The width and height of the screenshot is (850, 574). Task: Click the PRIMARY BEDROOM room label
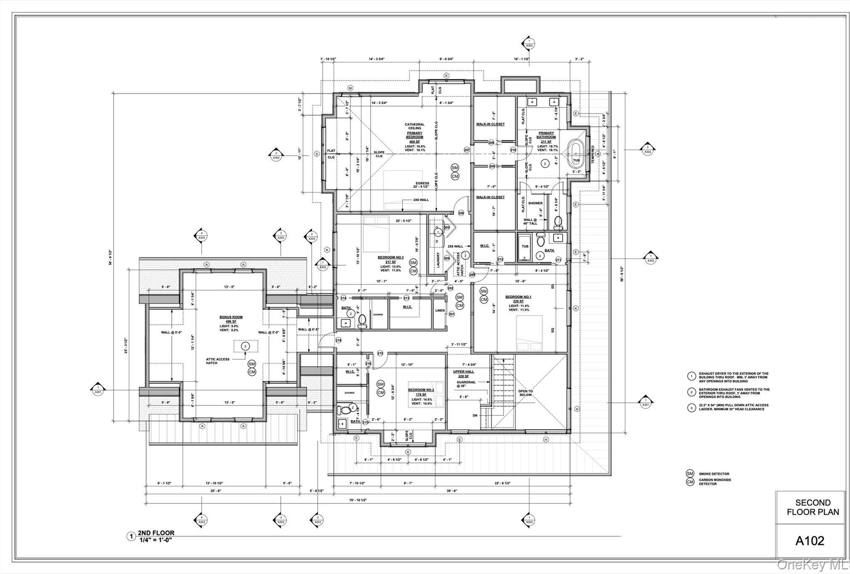pos(414,135)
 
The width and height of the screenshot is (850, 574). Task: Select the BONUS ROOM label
pos(231,317)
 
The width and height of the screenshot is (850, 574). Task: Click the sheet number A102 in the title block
pos(810,541)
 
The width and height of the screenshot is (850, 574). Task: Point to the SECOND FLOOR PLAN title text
pos(813,507)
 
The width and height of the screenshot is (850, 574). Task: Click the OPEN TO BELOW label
pos(525,393)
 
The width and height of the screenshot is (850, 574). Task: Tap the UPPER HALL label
pos(463,372)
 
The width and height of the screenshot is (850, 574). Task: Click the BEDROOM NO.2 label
pos(421,390)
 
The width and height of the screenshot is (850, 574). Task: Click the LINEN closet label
pos(440,311)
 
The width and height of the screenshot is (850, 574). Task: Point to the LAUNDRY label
pos(438,260)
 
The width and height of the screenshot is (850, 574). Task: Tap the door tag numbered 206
pos(461,213)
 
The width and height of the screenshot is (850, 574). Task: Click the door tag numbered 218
pos(339,340)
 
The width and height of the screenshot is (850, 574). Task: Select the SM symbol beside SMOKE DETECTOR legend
pos(690,473)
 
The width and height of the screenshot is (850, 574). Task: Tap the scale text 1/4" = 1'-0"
pos(156,540)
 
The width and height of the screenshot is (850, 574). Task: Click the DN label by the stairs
pos(475,415)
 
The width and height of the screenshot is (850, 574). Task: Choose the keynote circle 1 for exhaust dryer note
pos(691,376)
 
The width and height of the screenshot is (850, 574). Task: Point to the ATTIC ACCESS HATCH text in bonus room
pos(218,361)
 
